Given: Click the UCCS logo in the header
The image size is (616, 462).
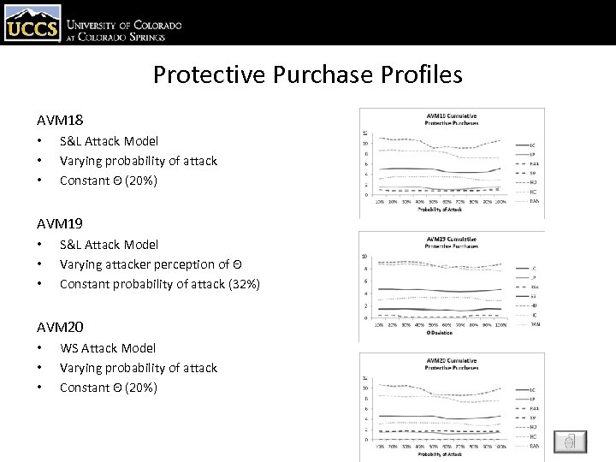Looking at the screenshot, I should (x=32, y=23).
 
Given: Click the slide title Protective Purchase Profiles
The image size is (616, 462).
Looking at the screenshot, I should (x=307, y=75).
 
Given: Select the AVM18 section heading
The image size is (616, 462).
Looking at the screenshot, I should (x=60, y=121).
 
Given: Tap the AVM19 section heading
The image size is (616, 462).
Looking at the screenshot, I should (x=60, y=223).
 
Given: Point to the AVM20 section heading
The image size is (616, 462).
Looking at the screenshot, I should (x=60, y=327).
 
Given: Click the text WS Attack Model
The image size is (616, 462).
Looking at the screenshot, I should (x=108, y=348).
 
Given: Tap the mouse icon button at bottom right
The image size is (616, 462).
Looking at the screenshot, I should (x=570, y=441).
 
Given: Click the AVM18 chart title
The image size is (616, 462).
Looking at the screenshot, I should (x=452, y=119).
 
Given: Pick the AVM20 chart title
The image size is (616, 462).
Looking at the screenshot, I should (x=452, y=364).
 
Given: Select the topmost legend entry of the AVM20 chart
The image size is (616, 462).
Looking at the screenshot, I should (x=533, y=390).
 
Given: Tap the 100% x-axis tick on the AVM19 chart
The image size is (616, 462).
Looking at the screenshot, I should (x=500, y=325).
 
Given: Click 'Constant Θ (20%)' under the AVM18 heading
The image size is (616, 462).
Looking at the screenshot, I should (x=109, y=181).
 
